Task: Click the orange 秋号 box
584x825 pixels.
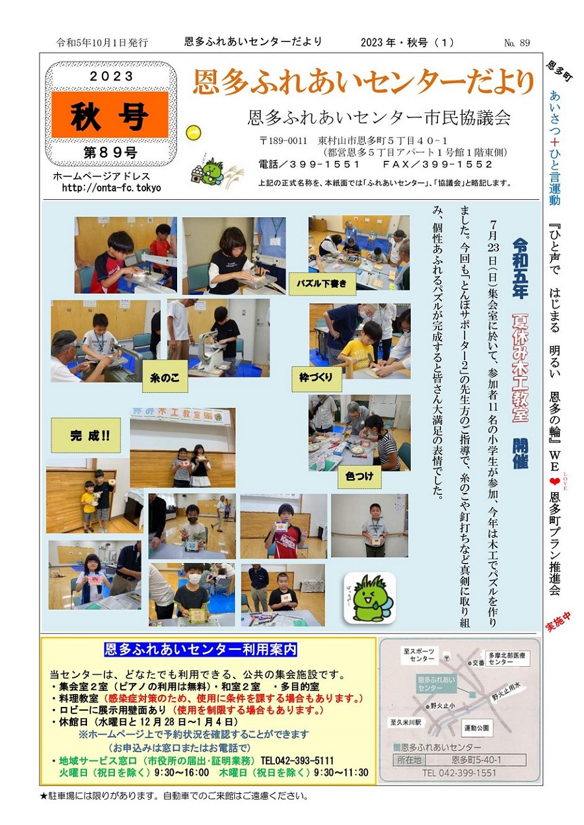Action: pyautogui.click(x=110, y=115)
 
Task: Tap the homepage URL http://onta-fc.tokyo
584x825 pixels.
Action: pyautogui.click(x=112, y=188)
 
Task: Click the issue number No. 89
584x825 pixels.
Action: pyautogui.click(x=517, y=43)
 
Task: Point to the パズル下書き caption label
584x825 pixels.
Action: pyautogui.click(x=322, y=283)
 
